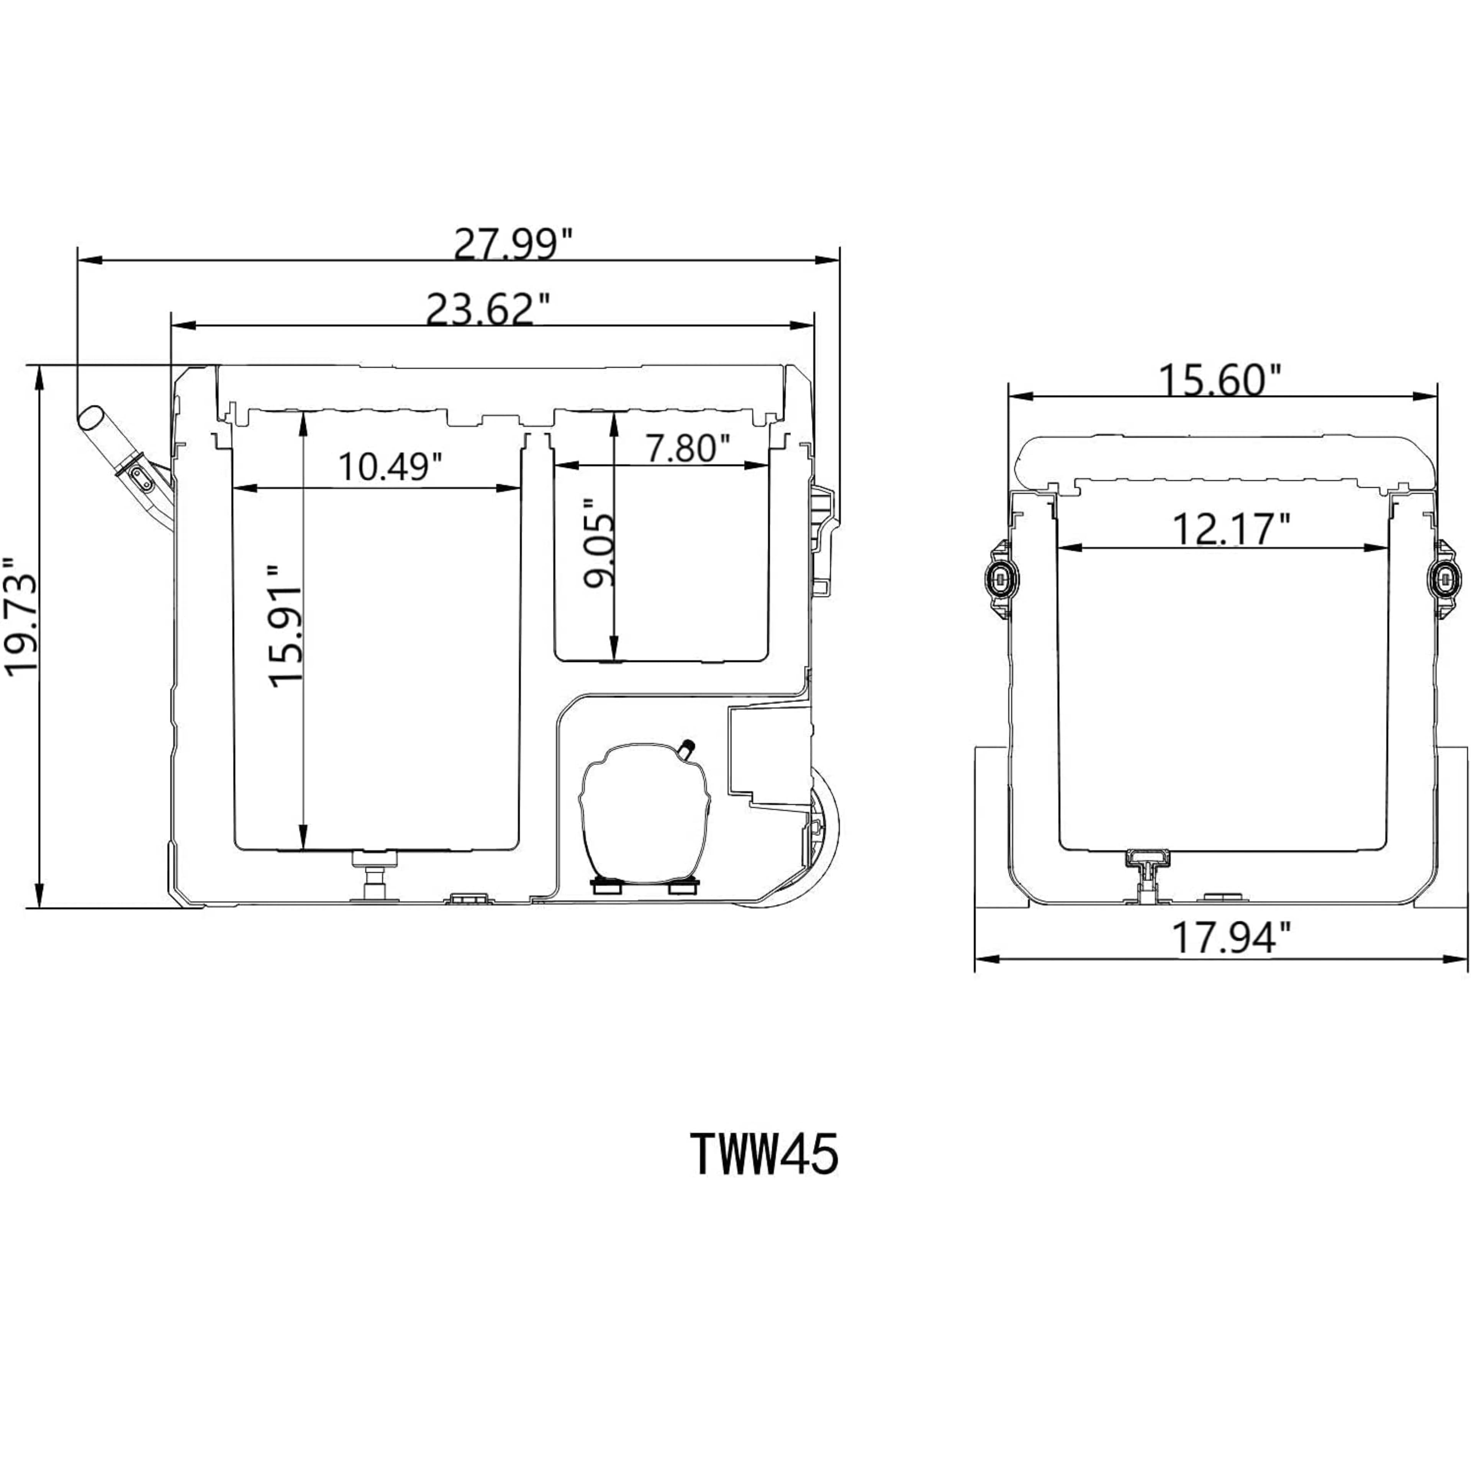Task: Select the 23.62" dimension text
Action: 488,309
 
